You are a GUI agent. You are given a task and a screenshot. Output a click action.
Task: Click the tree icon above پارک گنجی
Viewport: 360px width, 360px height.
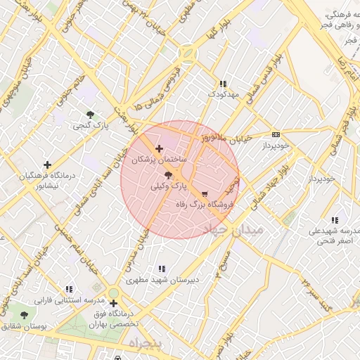[90, 115]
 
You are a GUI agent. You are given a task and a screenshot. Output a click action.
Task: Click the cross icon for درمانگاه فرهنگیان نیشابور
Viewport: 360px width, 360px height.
[47, 164]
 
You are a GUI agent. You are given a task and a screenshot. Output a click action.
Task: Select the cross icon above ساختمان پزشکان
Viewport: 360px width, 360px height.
[160, 149]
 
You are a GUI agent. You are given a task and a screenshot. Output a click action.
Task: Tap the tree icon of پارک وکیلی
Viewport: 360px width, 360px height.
[167, 175]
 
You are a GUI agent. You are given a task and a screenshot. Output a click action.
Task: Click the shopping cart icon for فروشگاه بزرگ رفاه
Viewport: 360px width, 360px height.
[205, 193]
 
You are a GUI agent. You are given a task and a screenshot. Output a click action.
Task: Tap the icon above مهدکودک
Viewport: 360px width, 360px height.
[224, 82]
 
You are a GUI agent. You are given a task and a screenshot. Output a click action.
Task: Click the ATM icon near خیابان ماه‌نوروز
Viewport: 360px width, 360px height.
[276, 134]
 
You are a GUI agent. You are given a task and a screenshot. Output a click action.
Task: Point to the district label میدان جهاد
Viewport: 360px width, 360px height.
[232, 230]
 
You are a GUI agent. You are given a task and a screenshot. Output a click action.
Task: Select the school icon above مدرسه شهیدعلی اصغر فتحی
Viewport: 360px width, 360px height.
[334, 219]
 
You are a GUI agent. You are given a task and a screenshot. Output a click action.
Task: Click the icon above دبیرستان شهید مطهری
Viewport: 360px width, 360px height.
[162, 268]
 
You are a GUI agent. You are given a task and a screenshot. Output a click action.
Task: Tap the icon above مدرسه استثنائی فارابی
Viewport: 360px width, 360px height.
[68, 288]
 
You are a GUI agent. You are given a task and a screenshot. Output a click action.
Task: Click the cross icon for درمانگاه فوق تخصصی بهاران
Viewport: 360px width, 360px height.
[113, 304]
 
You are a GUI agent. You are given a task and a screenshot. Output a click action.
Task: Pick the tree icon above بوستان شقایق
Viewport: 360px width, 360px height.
[25, 315]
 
